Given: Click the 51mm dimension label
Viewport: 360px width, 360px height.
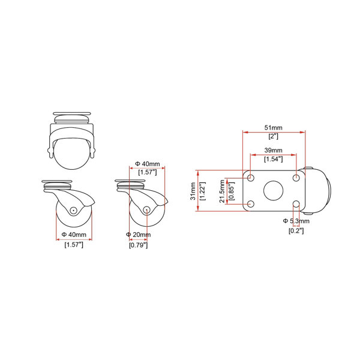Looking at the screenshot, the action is coord(273,128).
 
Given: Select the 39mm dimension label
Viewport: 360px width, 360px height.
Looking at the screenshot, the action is coord(273,151).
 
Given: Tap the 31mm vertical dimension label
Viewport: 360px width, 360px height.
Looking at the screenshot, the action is coord(193,191).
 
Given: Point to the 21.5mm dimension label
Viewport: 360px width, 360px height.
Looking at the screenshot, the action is coord(222,191).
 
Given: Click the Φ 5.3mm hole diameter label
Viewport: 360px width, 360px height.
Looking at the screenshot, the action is coord(296,221).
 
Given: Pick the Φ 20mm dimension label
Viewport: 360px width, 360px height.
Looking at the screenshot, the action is coord(139,235).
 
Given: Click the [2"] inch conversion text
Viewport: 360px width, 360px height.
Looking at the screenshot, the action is coord(273,136).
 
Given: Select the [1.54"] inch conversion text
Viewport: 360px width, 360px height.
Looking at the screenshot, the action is coord(273,159).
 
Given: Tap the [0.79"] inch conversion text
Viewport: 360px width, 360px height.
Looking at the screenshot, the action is coord(138,245).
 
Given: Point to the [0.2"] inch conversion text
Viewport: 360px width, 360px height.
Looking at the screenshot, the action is coord(296,231).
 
